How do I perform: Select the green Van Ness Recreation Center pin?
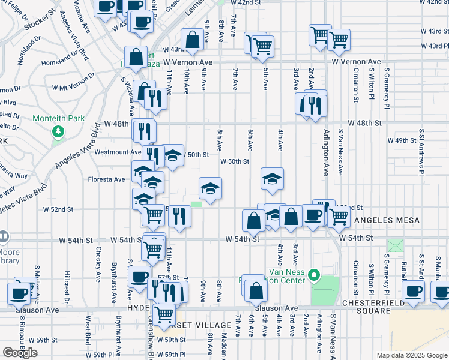(x=312, y=276)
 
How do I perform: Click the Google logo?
(x=20, y=353)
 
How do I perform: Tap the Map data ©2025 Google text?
(x=411, y=355)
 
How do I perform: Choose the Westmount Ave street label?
(x=118, y=152)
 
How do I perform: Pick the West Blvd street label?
(x=88, y=330)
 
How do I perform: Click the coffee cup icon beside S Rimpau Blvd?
(x=19, y=292)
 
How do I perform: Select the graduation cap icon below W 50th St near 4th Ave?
(x=272, y=178)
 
